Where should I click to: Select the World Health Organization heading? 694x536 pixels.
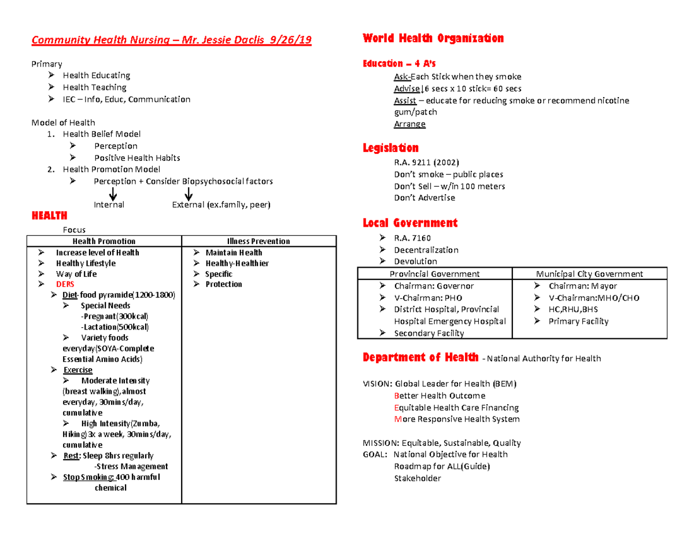coord(433,39)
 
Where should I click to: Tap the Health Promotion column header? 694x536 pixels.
coord(104,241)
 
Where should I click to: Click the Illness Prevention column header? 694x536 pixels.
coord(259,241)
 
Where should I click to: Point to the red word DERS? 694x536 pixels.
coord(65,284)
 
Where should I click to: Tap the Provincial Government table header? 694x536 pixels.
coord(434,274)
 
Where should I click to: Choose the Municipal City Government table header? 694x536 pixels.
coord(589,274)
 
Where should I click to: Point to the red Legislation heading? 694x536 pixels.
coord(390,148)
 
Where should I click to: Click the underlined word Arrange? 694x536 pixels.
coord(409,124)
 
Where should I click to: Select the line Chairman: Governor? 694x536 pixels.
coord(434,286)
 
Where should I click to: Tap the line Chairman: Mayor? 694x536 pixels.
coord(582,286)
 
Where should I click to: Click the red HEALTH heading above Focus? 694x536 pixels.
coord(49,216)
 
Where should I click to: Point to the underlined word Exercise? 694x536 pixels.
coord(77,370)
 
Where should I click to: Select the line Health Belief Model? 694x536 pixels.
coord(102,134)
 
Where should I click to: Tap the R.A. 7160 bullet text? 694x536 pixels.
coord(412,238)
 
